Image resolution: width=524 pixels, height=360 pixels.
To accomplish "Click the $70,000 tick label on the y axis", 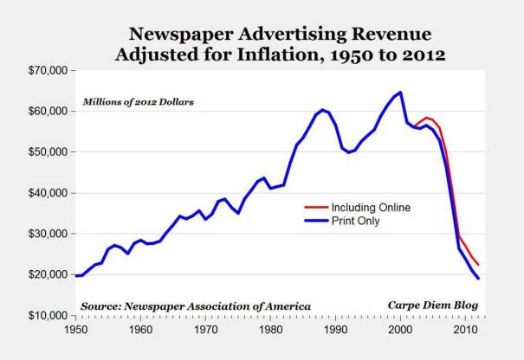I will click(44, 70).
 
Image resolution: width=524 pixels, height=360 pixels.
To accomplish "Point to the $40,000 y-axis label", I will click(44, 192).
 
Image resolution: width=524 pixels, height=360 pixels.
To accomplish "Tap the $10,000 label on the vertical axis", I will click(44, 315).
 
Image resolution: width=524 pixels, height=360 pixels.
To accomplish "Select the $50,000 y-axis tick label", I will click(44, 151).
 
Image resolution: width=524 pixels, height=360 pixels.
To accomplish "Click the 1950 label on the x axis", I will click(74, 330).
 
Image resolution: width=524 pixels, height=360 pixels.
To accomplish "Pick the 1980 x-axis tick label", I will click(270, 330).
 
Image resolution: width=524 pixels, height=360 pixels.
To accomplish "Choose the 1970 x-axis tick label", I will click(205, 330).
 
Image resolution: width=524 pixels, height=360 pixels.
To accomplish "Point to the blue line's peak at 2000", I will click(400, 93).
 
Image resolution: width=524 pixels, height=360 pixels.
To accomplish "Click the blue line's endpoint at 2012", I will click(478, 278).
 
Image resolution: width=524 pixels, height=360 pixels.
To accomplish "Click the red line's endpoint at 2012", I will click(478, 265).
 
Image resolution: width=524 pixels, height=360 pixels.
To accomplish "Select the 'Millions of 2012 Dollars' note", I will click(139, 101).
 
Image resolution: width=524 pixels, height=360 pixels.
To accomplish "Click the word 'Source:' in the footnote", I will click(104, 306).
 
